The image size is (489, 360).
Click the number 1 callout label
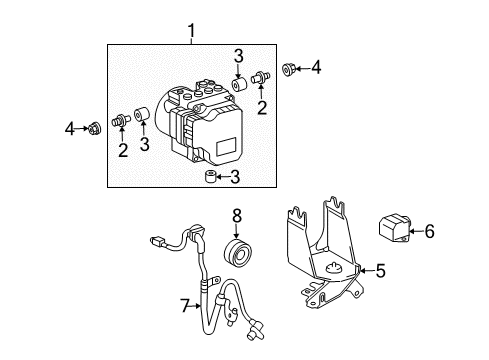click(x=191, y=34)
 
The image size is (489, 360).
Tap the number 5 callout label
click(x=380, y=270)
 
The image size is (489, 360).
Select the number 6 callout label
click(x=429, y=232)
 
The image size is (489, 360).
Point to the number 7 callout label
click(x=183, y=304)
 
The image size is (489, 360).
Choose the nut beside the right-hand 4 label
click(x=291, y=69)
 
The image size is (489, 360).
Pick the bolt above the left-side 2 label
click(x=121, y=122)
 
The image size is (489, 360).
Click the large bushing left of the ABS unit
click(x=144, y=117)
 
